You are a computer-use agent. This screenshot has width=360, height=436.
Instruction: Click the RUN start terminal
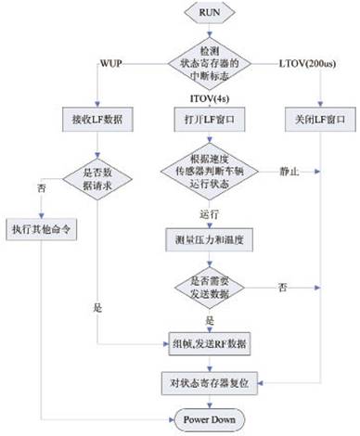pos(209,14)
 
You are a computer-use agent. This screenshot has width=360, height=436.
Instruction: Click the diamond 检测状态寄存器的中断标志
pos(209,62)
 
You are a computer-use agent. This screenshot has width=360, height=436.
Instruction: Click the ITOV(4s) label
pos(210,98)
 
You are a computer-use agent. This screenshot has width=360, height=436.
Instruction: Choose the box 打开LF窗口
pos(209,120)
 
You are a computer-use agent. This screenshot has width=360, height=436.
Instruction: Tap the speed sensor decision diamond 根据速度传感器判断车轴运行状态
pos(209,174)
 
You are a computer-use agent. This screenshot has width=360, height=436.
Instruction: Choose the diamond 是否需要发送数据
pos(209,288)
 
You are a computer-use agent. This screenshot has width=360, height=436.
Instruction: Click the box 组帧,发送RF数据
pos(209,346)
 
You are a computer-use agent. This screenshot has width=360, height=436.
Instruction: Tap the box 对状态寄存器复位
pos(209,380)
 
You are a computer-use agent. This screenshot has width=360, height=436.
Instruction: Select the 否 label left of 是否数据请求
pos(40,188)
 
